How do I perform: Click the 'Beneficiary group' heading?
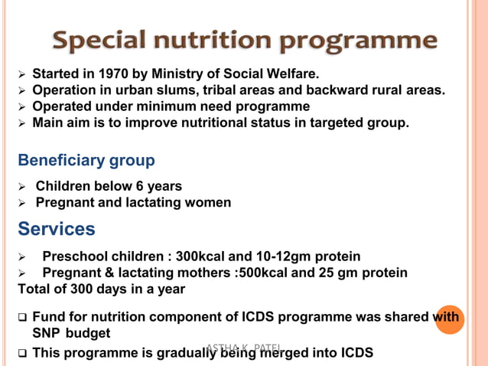86,161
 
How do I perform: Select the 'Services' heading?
57,229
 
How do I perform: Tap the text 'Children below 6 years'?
109,186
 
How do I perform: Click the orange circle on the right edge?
450,319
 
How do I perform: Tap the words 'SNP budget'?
71,333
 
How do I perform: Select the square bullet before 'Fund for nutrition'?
23,317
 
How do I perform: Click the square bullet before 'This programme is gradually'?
23,353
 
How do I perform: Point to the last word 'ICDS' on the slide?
355,353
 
